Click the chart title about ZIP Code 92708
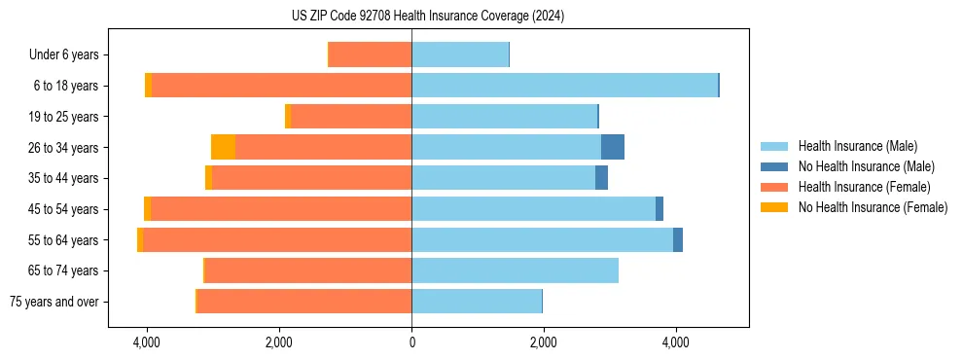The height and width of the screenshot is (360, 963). tap(427, 17)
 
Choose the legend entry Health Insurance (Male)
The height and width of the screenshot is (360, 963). tap(857, 146)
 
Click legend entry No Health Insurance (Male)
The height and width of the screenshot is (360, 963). tap(866, 166)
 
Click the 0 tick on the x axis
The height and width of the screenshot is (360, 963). tap(411, 343)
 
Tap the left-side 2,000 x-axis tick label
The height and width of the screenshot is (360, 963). tap(279, 343)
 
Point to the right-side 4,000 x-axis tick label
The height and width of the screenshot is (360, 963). tap(676, 343)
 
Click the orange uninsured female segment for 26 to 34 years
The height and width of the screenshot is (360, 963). tap(223, 147)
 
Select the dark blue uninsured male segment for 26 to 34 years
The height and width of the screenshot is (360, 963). tap(613, 147)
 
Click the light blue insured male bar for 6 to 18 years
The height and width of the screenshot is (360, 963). tap(564, 86)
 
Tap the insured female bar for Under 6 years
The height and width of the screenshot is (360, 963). tap(370, 54)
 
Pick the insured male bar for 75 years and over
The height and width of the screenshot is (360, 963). tap(477, 301)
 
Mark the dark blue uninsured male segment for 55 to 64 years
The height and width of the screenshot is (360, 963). tap(678, 239)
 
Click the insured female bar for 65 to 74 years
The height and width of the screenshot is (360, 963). tap(307, 270)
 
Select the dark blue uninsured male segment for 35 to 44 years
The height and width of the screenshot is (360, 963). tap(602, 178)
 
